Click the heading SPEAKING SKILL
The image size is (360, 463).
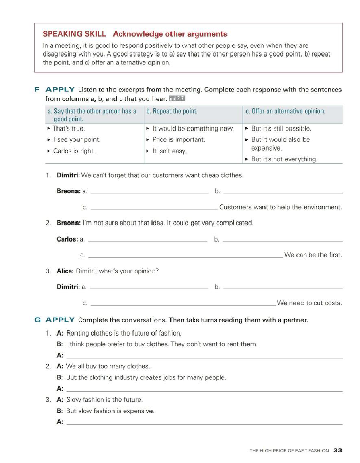(74, 34)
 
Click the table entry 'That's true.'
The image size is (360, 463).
(69, 128)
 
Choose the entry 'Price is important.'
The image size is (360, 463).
(178, 140)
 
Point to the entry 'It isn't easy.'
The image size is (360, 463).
(169, 151)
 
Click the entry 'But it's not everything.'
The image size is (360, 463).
(284, 159)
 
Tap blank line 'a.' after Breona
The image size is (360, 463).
(149, 192)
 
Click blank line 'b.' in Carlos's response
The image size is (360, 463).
(283, 240)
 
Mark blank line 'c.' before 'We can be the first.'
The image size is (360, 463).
(185, 256)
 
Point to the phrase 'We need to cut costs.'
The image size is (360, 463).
(310, 303)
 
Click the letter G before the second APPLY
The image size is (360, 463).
(37, 320)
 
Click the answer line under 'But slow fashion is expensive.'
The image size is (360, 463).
(204, 423)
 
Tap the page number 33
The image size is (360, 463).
(337, 451)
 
